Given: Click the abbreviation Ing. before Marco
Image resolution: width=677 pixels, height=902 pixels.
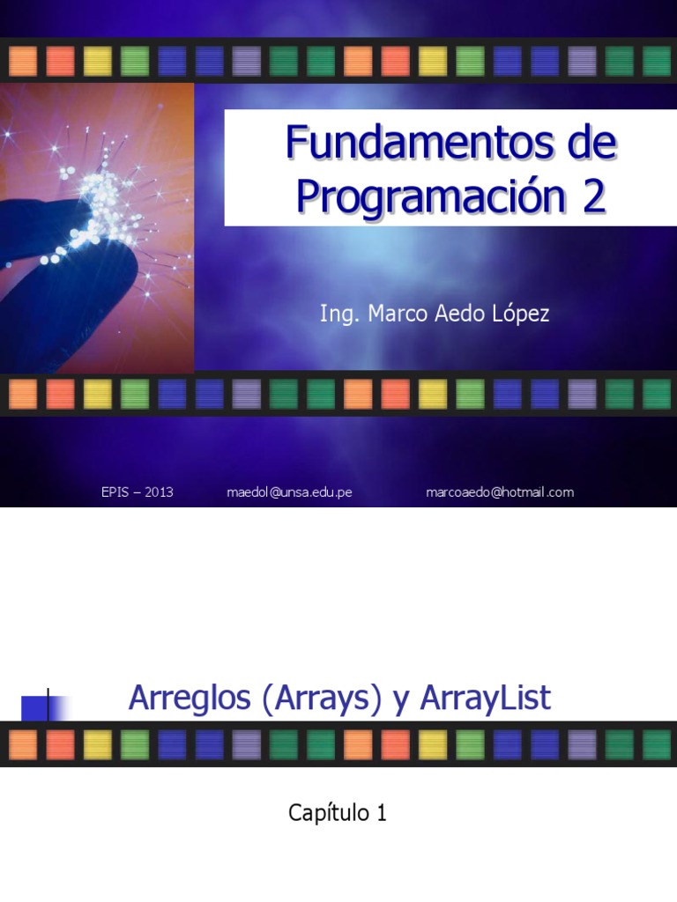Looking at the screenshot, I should point(336,314).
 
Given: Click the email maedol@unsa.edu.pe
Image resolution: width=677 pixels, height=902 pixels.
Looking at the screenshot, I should point(289,492).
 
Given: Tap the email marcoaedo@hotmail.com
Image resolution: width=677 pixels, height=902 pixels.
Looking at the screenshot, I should point(499,492).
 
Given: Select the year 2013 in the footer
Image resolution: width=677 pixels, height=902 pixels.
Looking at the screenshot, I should point(159,492).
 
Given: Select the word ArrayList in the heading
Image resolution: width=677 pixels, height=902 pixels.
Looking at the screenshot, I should point(486,699).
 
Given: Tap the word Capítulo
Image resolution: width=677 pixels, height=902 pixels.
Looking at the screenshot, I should point(325,814).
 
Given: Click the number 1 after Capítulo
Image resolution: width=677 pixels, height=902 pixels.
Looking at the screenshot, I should point(381,814).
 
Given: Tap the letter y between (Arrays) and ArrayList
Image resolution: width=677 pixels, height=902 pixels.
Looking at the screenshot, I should point(402,700).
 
